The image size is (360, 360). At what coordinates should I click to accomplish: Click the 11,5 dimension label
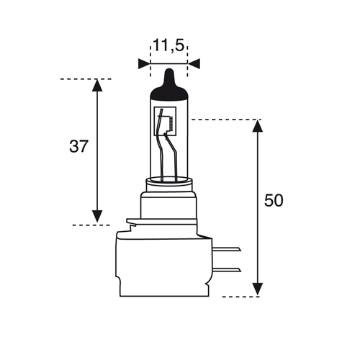[x=168, y=46]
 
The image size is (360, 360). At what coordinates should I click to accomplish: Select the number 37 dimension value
[x=79, y=146]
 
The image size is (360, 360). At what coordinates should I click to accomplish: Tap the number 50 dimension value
[x=274, y=200]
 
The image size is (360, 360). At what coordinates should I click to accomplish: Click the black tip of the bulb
[x=169, y=85]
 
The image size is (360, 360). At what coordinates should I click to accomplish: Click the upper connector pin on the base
[x=227, y=249]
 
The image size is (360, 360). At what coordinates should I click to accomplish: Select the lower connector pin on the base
[x=227, y=270]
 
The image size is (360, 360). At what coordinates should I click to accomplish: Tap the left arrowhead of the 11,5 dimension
[x=144, y=63]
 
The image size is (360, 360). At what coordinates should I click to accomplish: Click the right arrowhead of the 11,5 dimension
[x=194, y=63]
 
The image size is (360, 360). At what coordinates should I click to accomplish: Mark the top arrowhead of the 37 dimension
[x=97, y=85]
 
